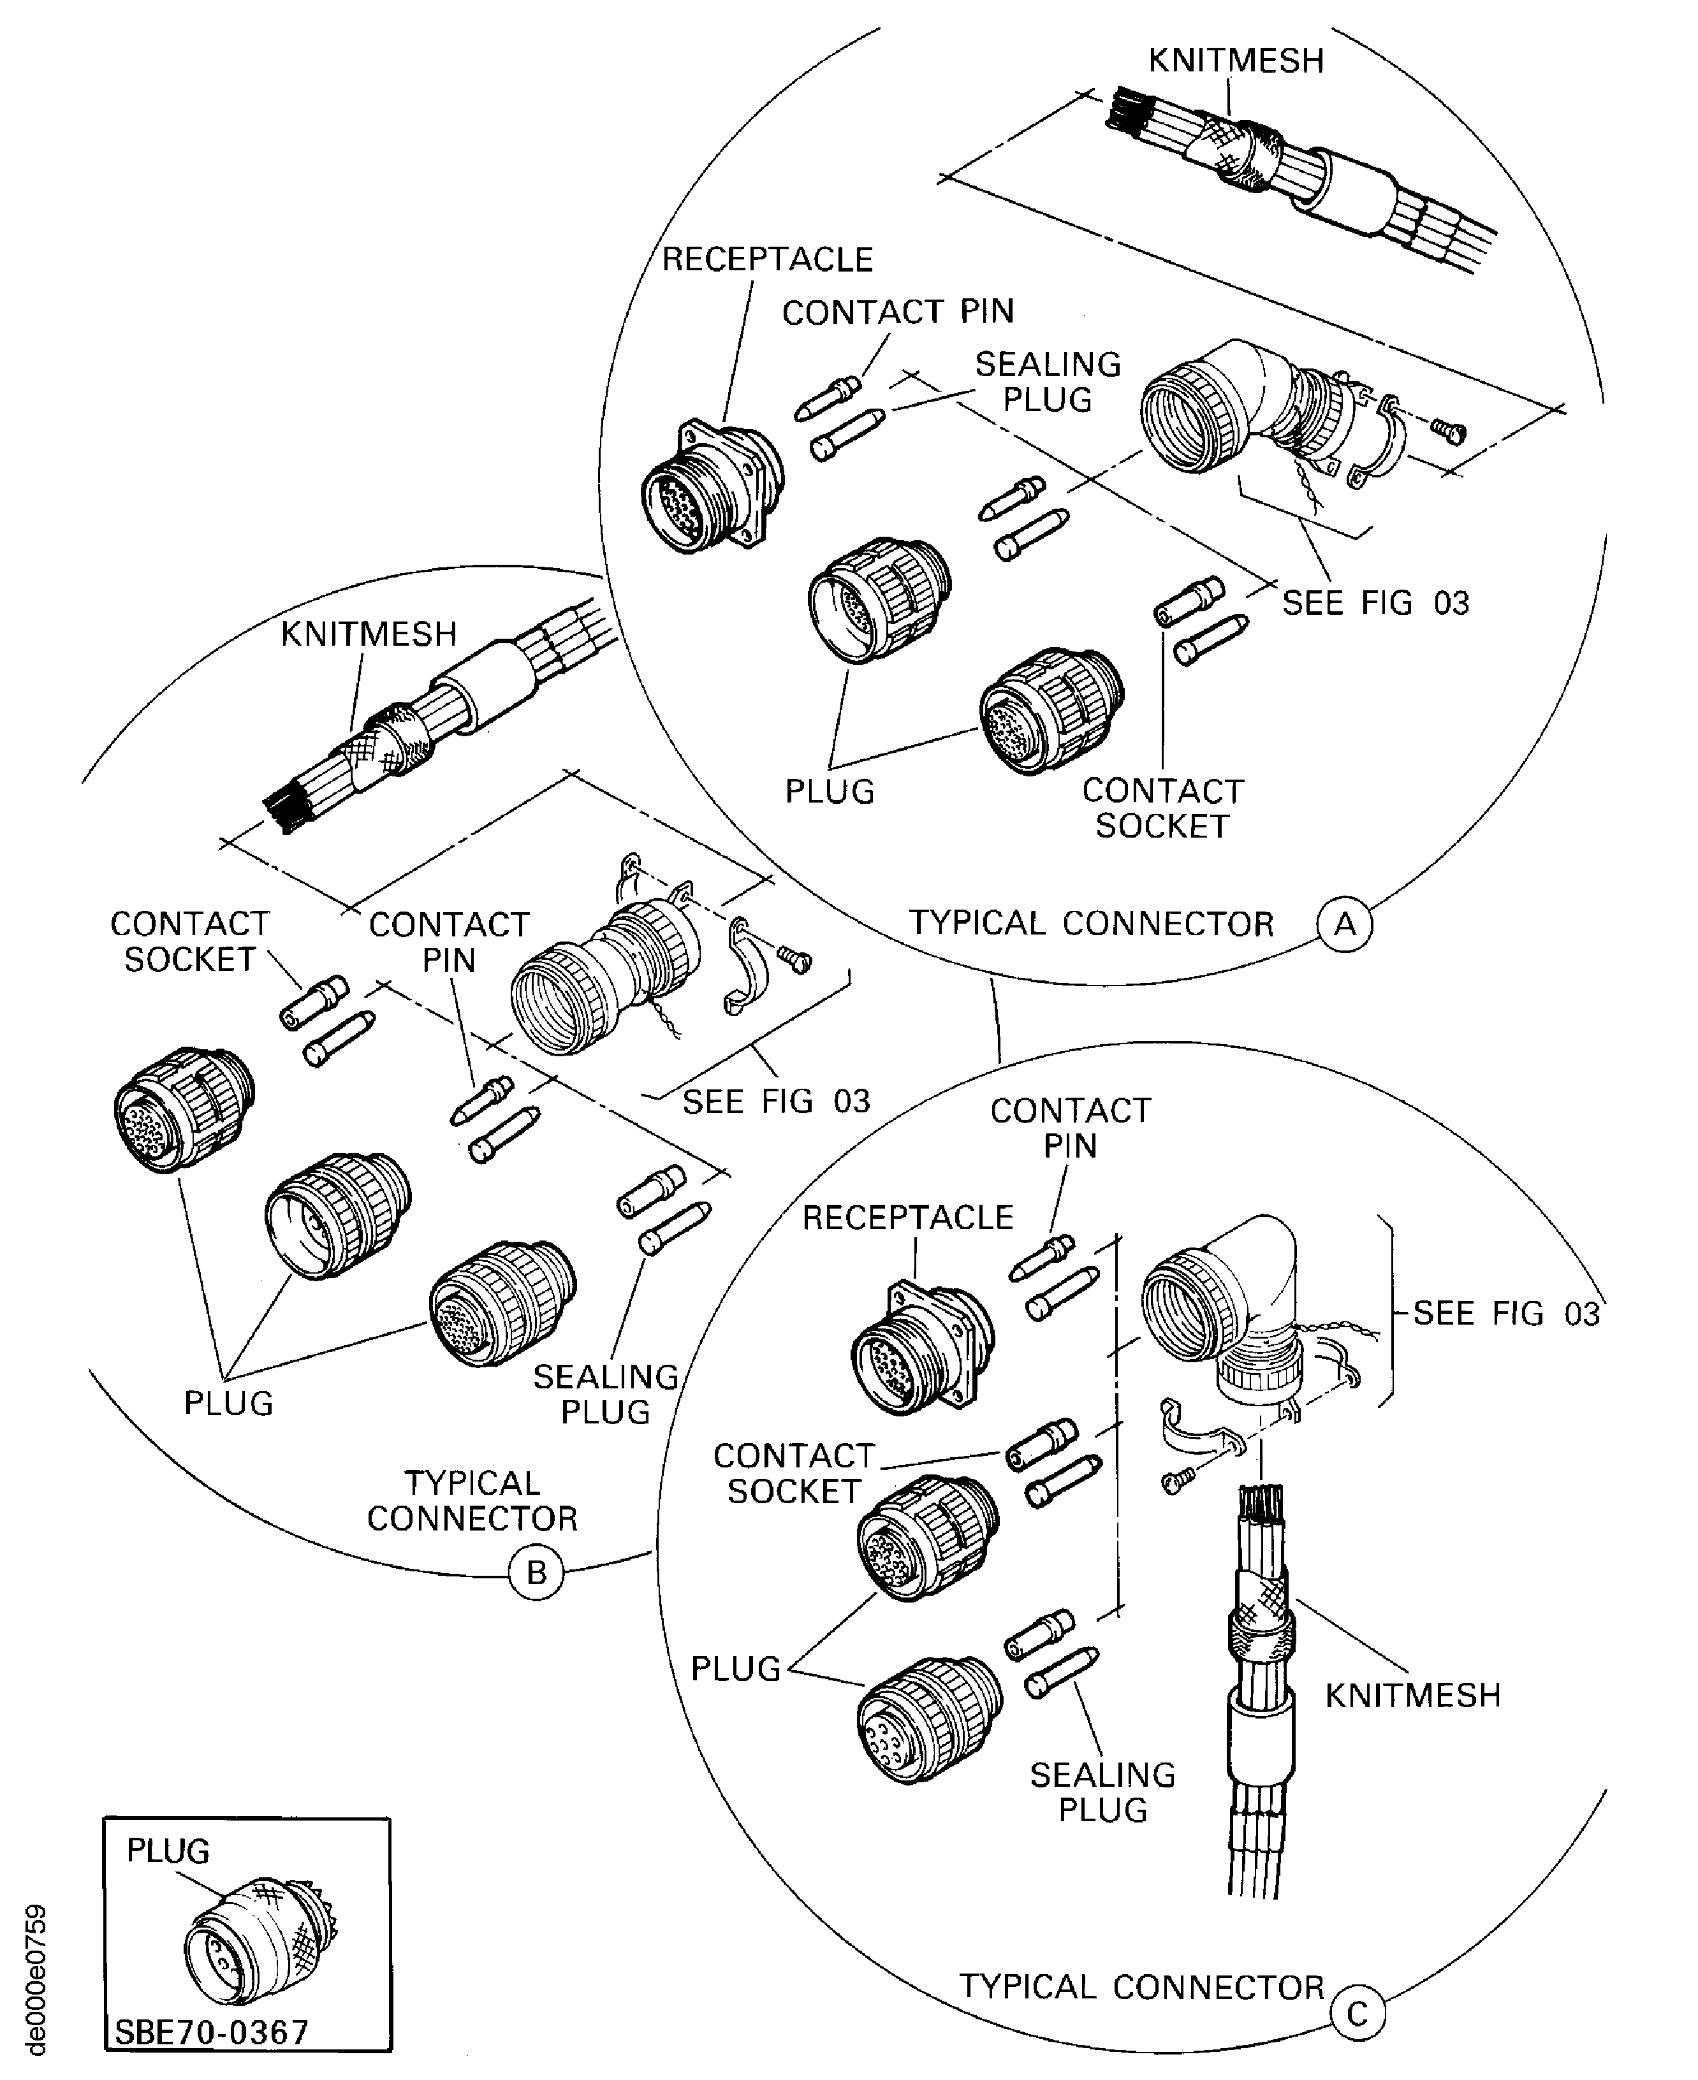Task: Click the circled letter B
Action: (x=536, y=1573)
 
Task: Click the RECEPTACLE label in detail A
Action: (x=767, y=259)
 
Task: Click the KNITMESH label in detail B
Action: (x=369, y=634)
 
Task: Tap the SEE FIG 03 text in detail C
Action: (x=1506, y=1313)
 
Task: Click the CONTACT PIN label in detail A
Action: (x=897, y=312)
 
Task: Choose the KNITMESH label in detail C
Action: (x=1412, y=1695)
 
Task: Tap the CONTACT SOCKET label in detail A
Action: (x=1162, y=808)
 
